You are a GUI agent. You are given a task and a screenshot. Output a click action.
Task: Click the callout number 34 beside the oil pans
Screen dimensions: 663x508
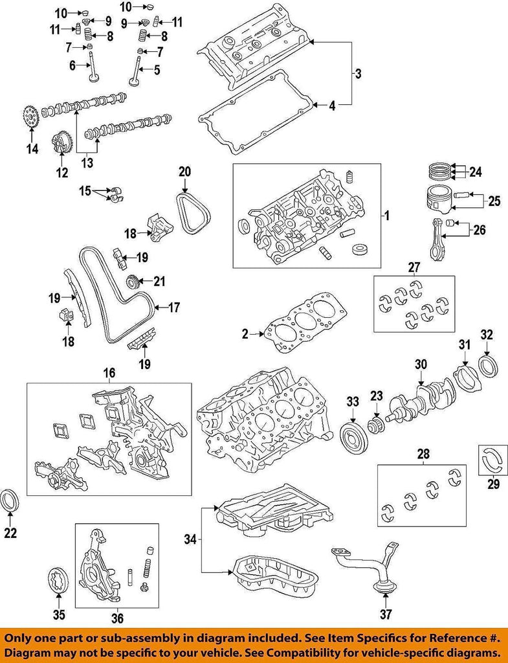tap(189, 539)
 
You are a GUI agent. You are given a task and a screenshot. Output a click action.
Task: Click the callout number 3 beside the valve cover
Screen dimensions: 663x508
tap(358, 74)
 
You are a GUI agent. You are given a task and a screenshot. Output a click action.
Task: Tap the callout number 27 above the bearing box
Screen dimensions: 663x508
tap(414, 266)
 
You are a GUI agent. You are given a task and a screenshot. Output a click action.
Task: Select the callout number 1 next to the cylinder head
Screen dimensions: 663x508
tap(386, 216)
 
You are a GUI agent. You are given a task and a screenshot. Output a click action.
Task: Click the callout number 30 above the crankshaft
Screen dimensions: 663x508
tap(421, 365)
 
